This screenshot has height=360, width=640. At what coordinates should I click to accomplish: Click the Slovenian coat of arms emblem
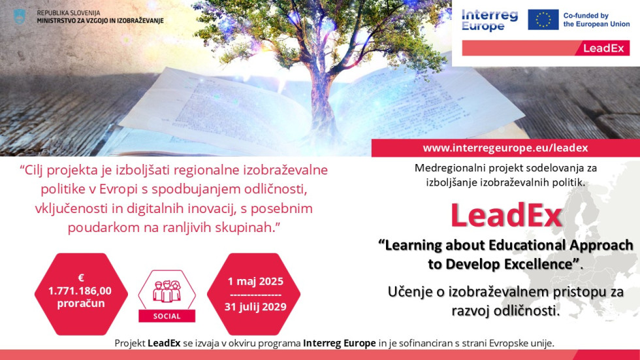coord(20,17)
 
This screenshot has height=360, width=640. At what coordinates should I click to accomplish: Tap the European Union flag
coord(543,20)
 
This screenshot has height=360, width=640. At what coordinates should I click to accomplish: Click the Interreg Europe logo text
coord(489,20)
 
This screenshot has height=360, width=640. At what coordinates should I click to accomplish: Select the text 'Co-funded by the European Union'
coord(596,20)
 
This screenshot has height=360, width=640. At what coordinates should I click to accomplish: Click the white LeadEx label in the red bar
coord(603,48)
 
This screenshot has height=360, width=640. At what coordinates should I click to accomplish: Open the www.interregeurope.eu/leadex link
coord(505,148)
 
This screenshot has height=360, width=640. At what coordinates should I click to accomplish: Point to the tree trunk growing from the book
coord(321,98)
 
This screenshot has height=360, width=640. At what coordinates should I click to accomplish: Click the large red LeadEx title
coord(506,215)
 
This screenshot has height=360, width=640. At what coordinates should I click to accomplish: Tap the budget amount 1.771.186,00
coord(80,291)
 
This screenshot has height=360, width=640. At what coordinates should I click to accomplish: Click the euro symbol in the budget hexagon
coord(81,278)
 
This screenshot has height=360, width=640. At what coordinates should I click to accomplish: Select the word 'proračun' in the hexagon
coord(81,304)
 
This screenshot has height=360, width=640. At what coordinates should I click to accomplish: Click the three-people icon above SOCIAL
coord(167,291)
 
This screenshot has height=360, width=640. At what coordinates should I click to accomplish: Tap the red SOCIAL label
coord(167,316)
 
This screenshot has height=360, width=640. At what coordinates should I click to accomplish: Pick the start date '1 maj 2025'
coord(255,281)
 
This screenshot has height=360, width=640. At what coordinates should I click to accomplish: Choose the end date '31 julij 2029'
coord(255,307)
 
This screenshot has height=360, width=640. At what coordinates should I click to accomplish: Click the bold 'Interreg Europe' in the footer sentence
coord(339,343)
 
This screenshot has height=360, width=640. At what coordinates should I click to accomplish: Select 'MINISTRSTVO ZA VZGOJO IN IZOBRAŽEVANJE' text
coord(100,20)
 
